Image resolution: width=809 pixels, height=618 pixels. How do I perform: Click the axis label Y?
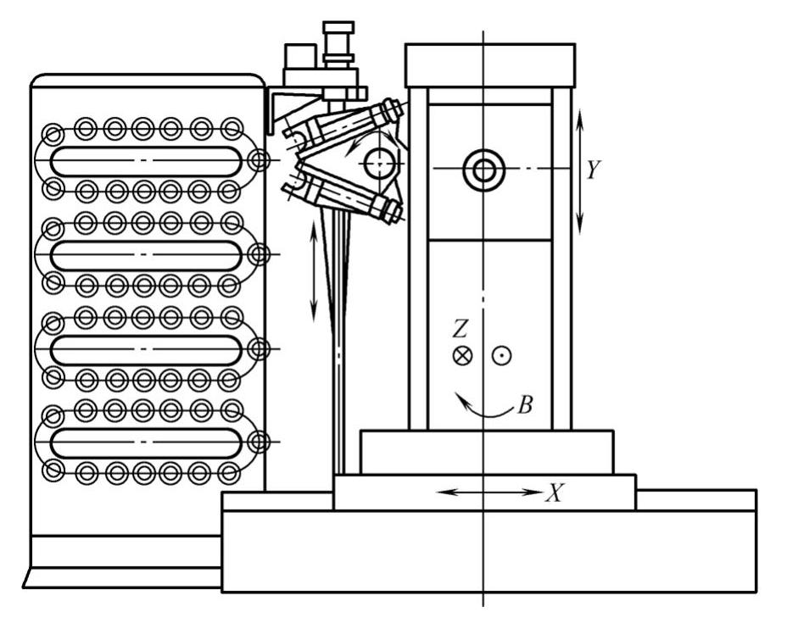[594, 170]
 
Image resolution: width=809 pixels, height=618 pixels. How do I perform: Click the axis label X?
[554, 493]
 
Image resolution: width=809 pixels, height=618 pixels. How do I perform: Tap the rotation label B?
[525, 405]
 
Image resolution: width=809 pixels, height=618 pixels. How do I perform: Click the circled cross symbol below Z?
[462, 356]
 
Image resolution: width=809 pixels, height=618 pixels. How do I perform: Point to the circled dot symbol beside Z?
[503, 356]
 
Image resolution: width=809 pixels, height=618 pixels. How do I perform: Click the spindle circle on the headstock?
[483, 170]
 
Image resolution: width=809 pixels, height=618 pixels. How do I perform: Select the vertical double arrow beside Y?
[580, 170]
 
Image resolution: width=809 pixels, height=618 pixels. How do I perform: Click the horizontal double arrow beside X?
[492, 492]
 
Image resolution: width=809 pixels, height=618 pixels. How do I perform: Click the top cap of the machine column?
[489, 65]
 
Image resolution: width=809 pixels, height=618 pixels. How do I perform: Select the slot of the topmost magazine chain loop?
[144, 161]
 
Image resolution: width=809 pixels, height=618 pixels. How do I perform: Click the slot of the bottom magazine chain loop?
[144, 443]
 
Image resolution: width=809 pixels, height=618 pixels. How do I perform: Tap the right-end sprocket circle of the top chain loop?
[259, 160]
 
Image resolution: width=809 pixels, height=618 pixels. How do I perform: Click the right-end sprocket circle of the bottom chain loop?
[259, 442]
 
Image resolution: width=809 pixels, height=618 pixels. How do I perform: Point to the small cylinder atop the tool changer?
[338, 38]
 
